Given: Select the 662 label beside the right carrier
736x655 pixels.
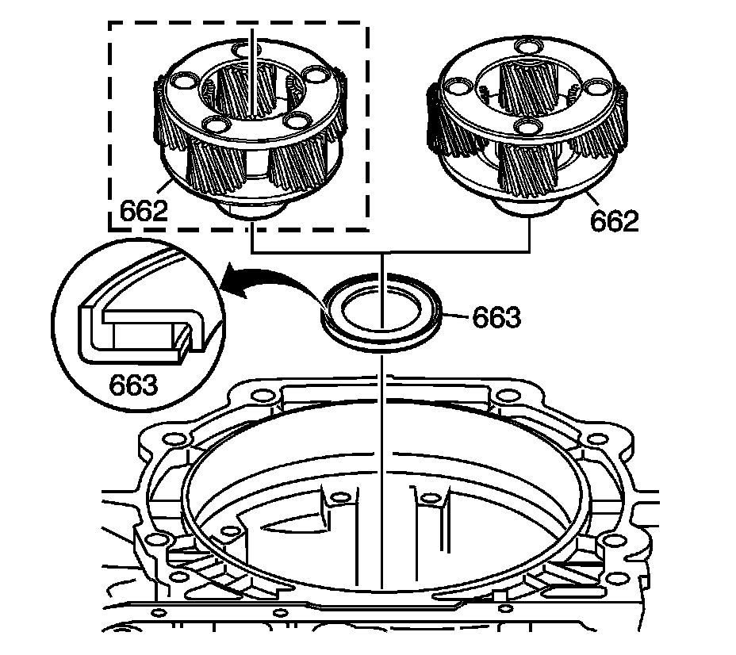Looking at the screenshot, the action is click(x=615, y=220).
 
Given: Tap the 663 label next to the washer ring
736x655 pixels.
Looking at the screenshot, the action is click(x=496, y=317).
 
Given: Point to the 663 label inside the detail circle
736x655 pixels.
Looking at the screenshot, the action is click(x=132, y=385).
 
